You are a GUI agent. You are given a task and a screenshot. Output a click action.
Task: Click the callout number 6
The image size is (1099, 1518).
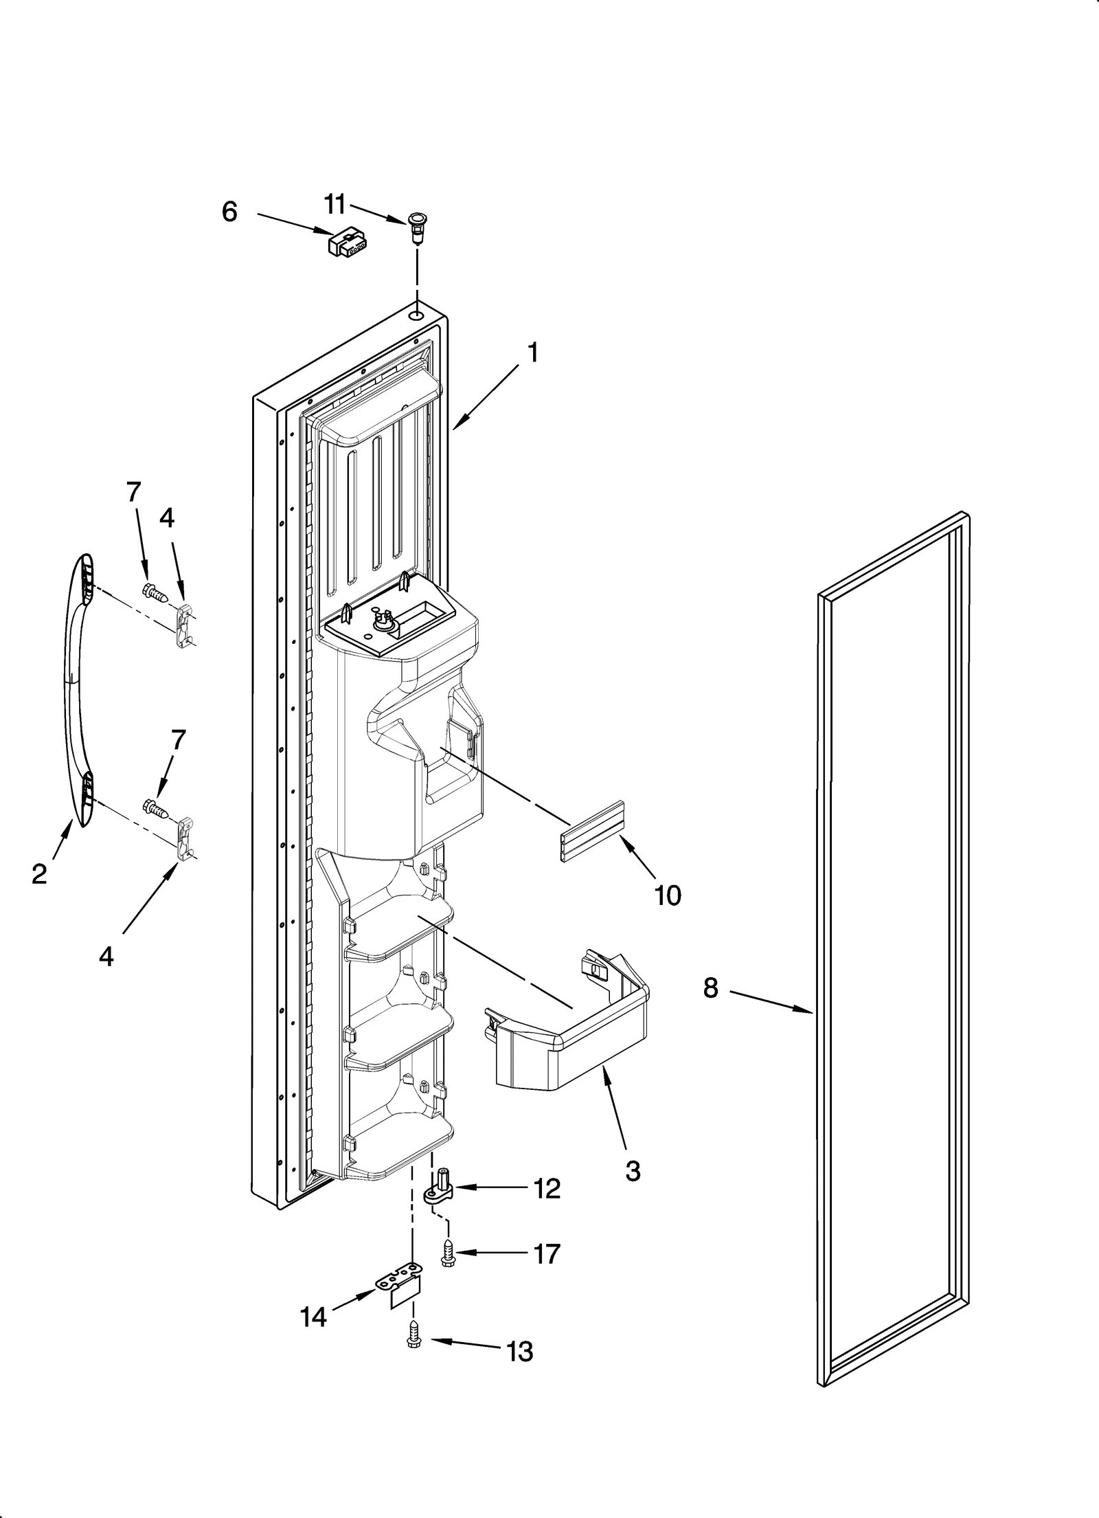(x=229, y=212)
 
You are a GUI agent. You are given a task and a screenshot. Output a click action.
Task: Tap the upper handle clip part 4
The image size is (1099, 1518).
(x=184, y=620)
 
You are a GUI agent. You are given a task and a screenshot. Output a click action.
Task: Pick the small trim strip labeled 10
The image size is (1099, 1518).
(x=593, y=831)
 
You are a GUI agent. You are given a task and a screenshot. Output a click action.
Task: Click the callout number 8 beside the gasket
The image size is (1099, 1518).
(x=710, y=988)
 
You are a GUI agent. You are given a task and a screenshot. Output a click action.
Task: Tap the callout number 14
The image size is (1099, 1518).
(x=313, y=1317)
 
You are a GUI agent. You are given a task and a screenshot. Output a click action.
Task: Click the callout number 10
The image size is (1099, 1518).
(x=668, y=895)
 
